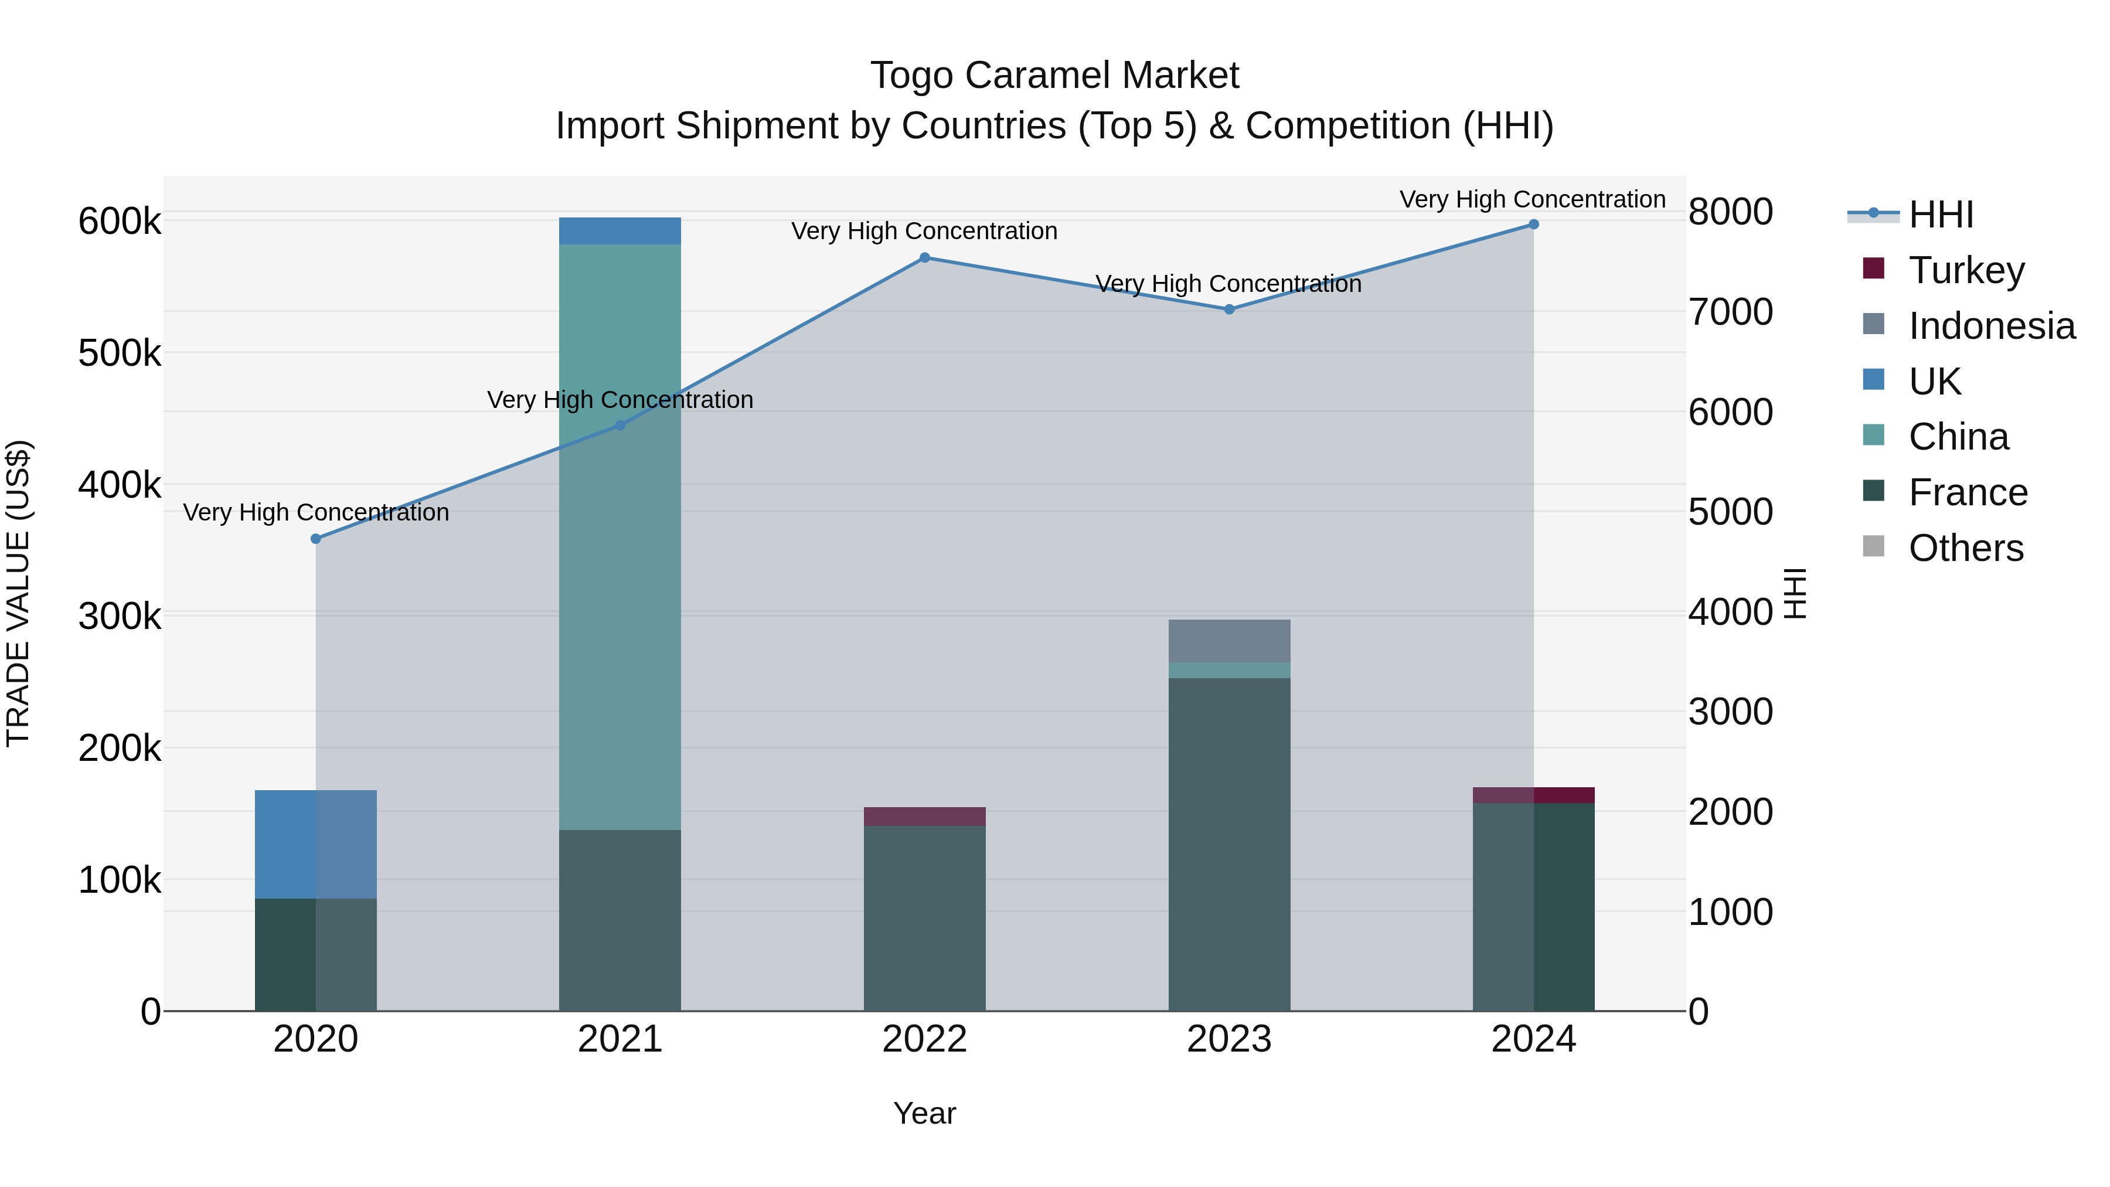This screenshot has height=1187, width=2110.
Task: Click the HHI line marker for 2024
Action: [1533, 225]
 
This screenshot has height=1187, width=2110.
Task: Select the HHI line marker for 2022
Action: [925, 258]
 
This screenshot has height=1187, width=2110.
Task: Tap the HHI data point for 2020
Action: [316, 539]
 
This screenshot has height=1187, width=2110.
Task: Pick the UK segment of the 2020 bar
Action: [316, 844]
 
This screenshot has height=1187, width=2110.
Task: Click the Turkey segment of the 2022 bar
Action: [925, 816]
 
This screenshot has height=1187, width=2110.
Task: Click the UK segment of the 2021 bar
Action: [620, 231]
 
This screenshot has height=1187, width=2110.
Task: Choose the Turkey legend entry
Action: [1966, 270]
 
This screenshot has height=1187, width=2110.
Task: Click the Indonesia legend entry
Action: [1991, 325]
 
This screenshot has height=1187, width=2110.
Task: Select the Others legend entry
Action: [1965, 547]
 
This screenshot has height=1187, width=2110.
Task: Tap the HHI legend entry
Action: [1941, 215]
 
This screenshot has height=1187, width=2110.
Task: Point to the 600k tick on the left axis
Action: [120, 221]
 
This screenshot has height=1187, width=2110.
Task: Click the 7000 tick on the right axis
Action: [1730, 312]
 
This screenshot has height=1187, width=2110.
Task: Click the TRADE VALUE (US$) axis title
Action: [18, 593]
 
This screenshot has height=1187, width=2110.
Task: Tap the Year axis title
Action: [925, 1113]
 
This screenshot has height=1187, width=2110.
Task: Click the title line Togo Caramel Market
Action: [1054, 76]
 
